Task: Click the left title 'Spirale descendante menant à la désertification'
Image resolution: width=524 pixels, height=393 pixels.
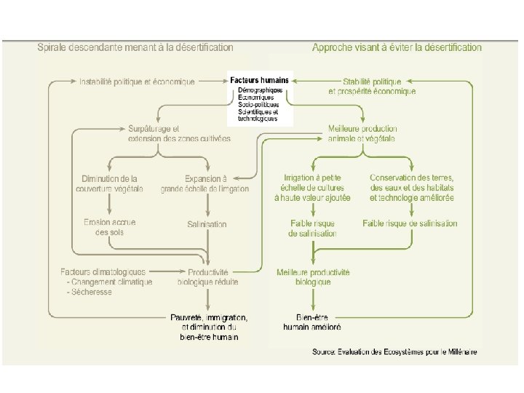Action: (135, 47)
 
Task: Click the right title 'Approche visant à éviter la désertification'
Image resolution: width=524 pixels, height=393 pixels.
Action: (397, 47)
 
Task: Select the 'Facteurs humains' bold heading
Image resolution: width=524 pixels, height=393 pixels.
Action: (260, 80)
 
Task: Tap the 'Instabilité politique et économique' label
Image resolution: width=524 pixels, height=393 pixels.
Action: (137, 82)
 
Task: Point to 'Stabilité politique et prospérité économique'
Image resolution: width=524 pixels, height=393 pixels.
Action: (373, 87)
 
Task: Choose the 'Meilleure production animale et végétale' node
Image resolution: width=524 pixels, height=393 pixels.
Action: (362, 133)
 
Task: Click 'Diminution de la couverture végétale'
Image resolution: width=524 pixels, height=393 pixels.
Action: (110, 183)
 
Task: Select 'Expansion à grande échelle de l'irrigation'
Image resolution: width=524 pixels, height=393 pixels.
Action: (207, 183)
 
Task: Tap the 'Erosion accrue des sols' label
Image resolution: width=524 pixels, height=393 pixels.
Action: (110, 227)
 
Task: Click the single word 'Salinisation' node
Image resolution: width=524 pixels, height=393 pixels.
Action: (207, 224)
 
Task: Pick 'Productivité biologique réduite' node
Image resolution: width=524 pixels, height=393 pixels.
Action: (208, 277)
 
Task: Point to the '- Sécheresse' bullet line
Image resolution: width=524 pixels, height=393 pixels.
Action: (88, 292)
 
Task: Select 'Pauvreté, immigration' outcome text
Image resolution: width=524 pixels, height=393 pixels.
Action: (209, 317)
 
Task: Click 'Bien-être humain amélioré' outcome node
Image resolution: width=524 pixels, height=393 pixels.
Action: (313, 322)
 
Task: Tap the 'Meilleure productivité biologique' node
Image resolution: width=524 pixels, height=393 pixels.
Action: (313, 277)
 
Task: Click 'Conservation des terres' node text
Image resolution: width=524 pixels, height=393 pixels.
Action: (412, 178)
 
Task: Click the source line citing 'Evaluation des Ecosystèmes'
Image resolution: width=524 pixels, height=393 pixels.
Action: (394, 352)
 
